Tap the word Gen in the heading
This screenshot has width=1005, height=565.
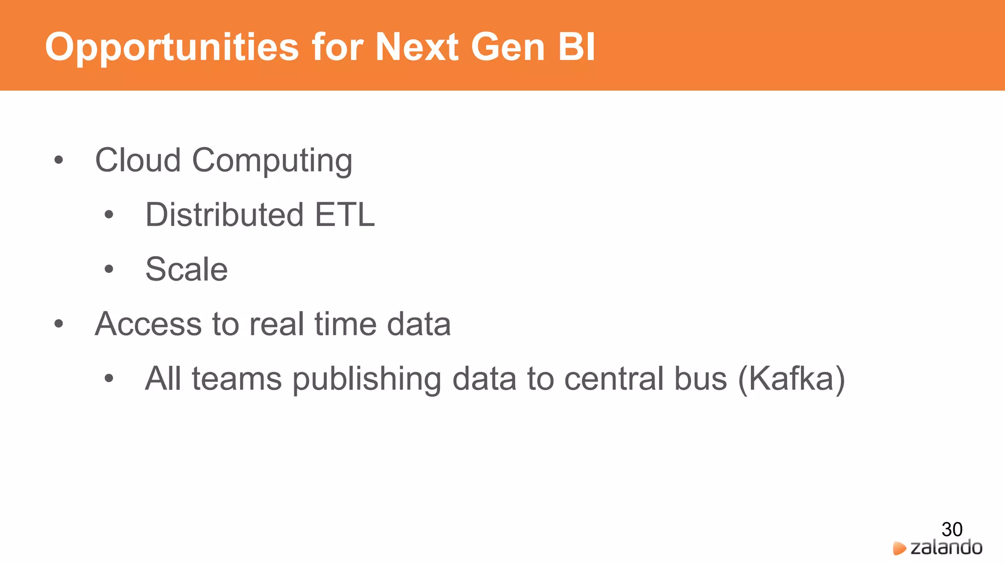click(x=508, y=47)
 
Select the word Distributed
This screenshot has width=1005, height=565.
click(x=224, y=215)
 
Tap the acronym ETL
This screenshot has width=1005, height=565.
click(x=344, y=215)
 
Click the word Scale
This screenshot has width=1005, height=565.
click(x=186, y=269)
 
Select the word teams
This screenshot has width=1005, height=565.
click(x=237, y=379)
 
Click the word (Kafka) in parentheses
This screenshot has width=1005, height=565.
click(x=791, y=379)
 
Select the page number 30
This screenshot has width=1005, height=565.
click(x=952, y=529)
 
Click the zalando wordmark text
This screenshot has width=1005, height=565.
click(x=946, y=547)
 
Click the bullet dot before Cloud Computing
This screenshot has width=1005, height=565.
click(x=59, y=160)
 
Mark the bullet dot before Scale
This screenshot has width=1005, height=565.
click(x=109, y=269)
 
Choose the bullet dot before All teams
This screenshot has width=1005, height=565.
click(x=109, y=379)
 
